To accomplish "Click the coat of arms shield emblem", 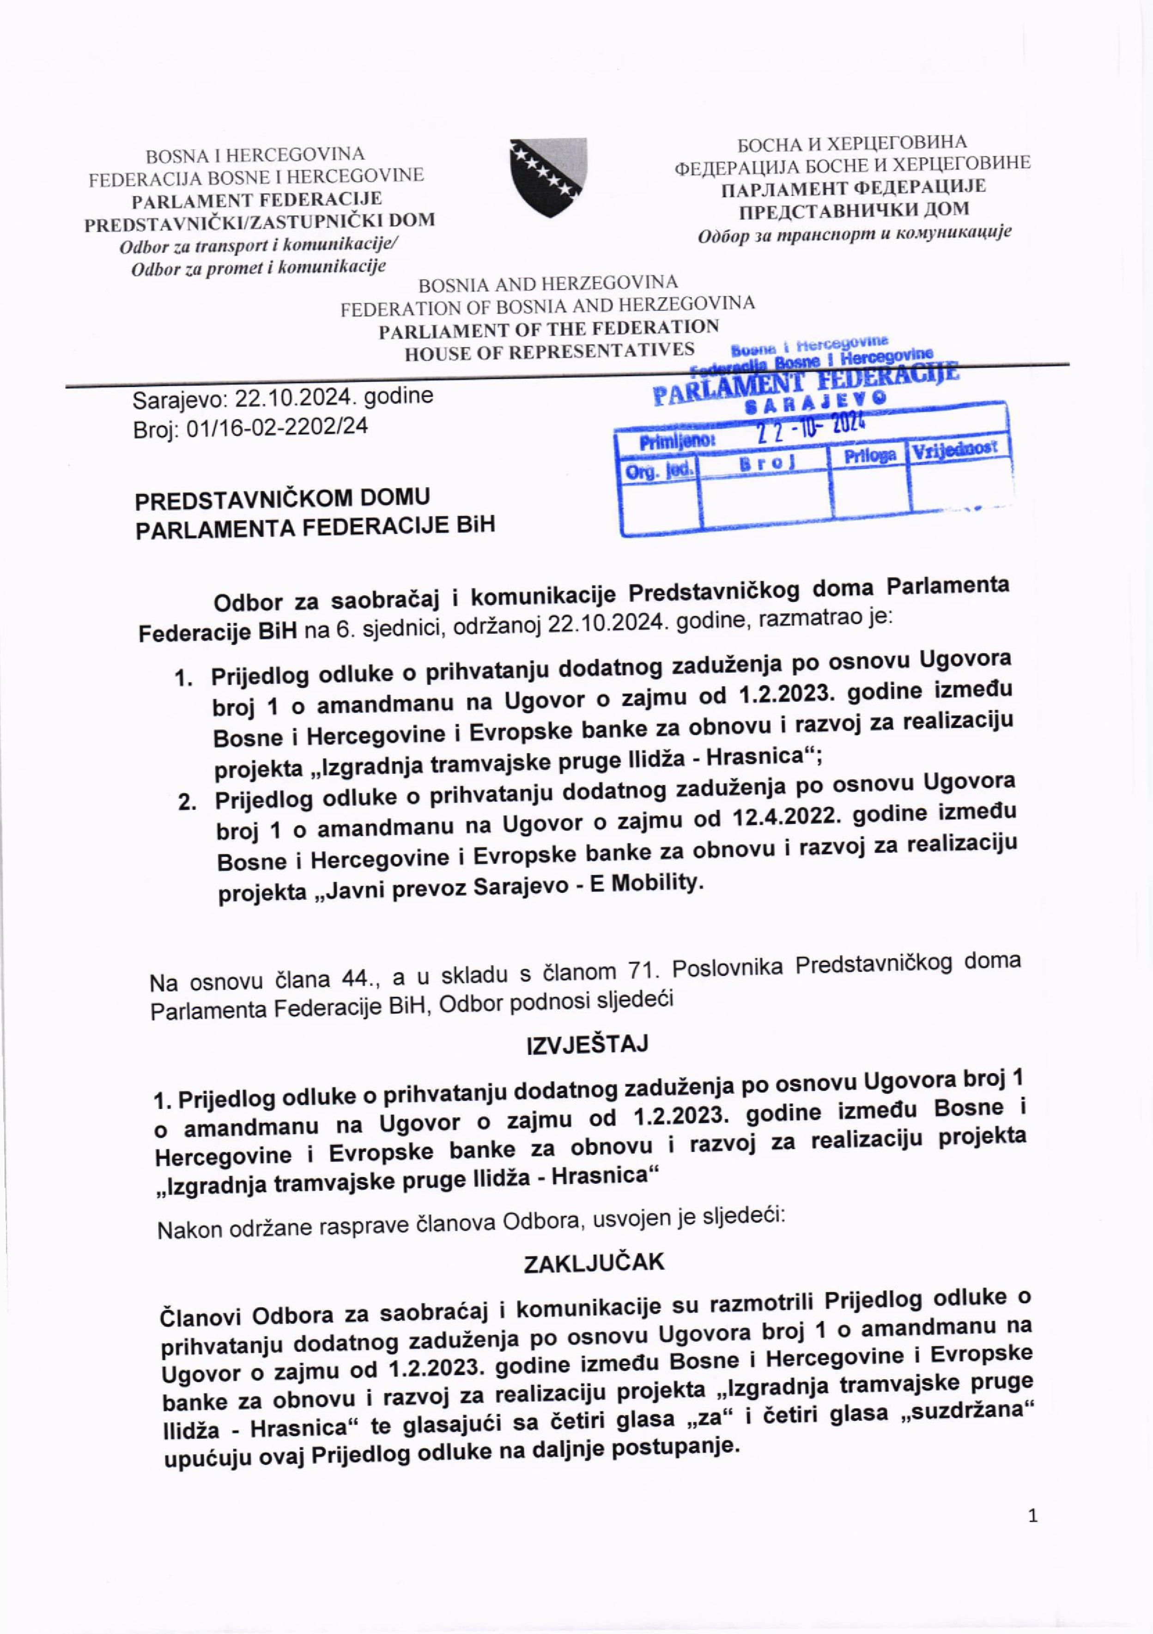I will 548,176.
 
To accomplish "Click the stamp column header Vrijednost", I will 955,450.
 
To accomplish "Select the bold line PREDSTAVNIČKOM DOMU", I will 283,499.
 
